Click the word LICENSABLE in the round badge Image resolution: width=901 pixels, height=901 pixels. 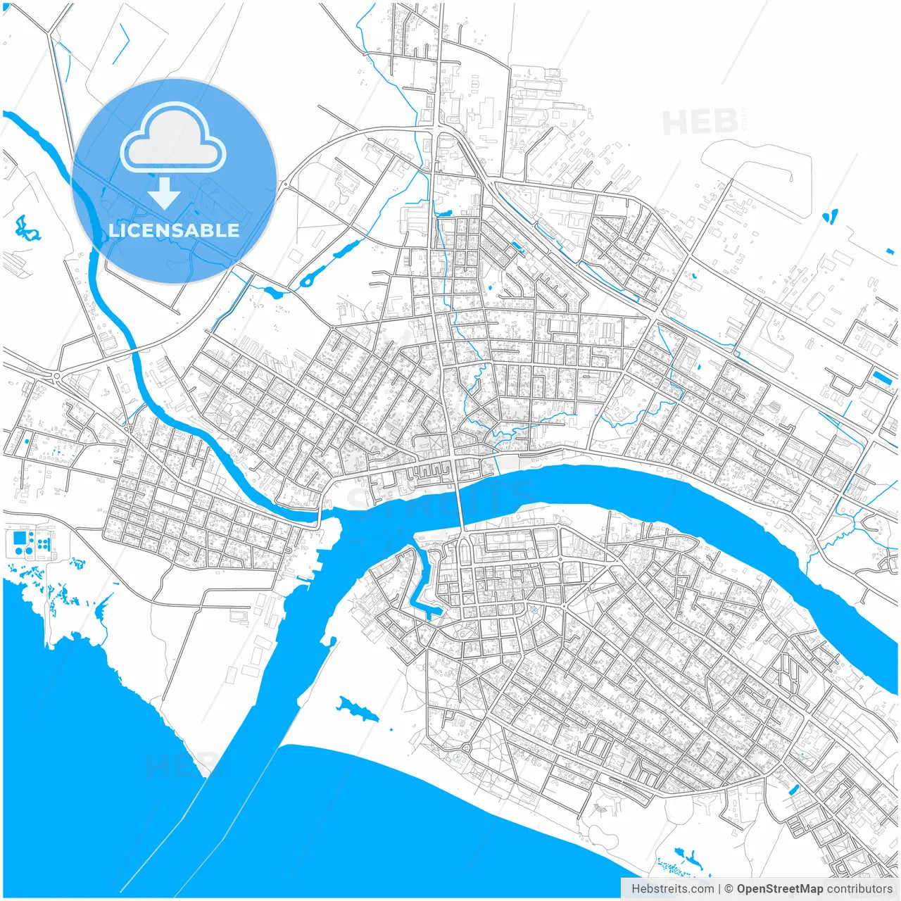[x=174, y=230]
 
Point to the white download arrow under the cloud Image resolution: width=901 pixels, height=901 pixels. [x=165, y=194]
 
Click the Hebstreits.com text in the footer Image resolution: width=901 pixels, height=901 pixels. [x=672, y=889]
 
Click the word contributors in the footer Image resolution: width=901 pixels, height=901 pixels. [x=859, y=889]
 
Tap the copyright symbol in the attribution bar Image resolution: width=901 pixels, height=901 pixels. [x=729, y=889]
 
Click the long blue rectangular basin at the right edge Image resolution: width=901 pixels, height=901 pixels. [x=881, y=377]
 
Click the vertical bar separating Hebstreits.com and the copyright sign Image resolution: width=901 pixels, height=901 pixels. [x=719, y=889]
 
